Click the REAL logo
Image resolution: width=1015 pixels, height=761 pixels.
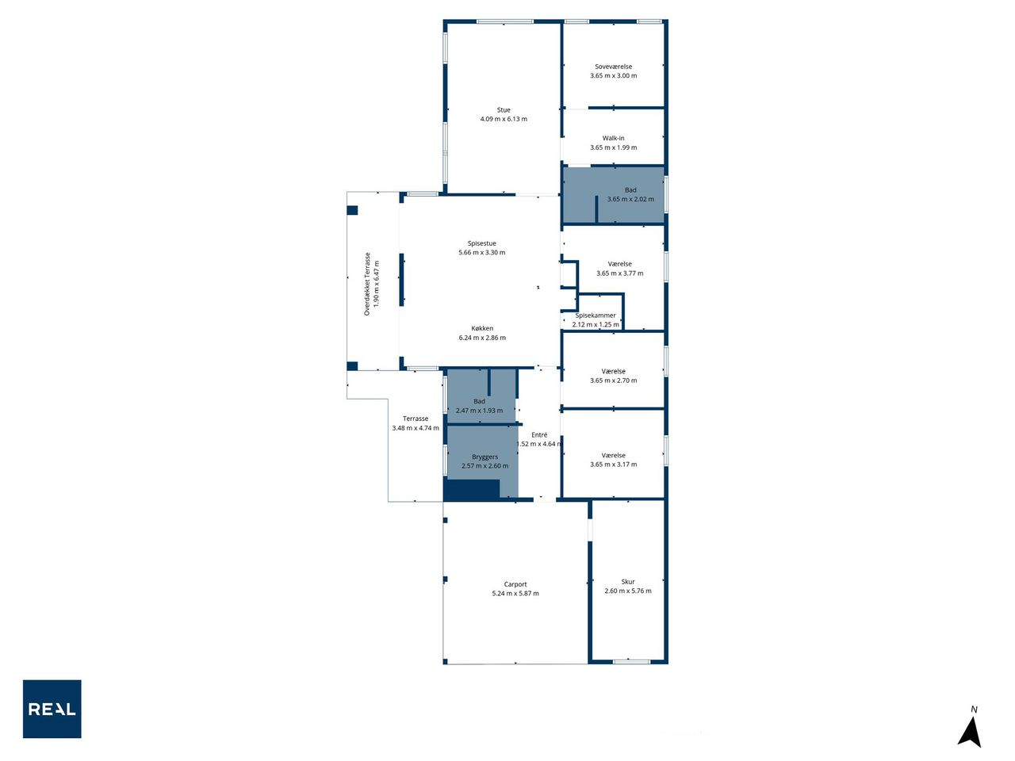coord(52,709)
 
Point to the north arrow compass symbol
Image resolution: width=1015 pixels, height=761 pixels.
coord(969,728)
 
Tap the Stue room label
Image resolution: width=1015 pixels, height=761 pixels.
coord(504,110)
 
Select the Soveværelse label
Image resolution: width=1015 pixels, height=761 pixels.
coord(613,67)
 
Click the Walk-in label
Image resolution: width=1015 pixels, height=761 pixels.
coord(613,138)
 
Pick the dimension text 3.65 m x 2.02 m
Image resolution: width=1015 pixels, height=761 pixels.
coord(630,199)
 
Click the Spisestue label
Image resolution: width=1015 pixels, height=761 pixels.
coord(482,243)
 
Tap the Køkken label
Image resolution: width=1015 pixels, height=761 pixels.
coord(482,328)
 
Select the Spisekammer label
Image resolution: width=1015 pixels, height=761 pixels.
coord(596,315)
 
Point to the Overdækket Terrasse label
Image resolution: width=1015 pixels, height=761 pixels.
coord(367,284)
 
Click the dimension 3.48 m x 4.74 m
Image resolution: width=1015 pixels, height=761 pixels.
coord(416,428)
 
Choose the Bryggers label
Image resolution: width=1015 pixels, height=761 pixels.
coord(485,457)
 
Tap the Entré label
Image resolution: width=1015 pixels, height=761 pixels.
coord(539,434)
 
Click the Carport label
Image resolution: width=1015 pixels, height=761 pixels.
coord(515,584)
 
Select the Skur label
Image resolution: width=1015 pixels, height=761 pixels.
coord(628,582)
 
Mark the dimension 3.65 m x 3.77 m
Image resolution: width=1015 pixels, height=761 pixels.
coord(619,273)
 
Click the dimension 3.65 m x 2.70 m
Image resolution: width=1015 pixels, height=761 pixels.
coord(613,380)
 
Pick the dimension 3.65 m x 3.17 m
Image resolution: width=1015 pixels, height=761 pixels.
coord(613,465)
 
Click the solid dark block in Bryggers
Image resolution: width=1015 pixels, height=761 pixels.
coord(472,490)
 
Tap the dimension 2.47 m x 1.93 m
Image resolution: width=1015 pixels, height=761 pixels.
coord(479,411)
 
